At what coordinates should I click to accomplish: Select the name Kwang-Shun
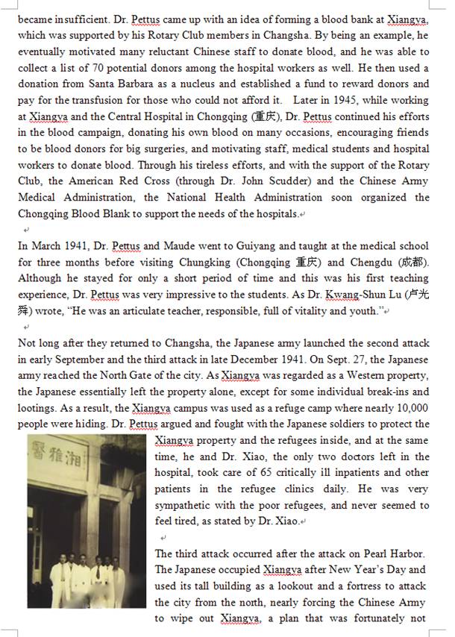click(355, 295)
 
